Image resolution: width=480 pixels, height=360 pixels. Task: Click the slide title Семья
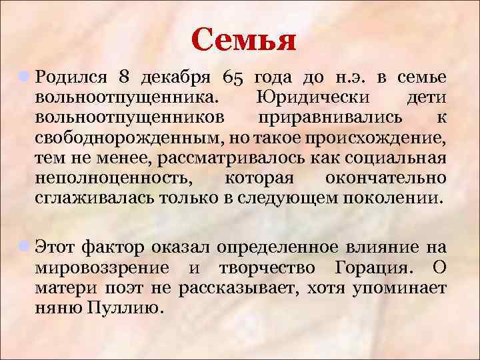point(243,41)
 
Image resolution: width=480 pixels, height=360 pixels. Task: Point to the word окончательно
point(386,179)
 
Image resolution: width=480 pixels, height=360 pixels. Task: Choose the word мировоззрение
point(105,267)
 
